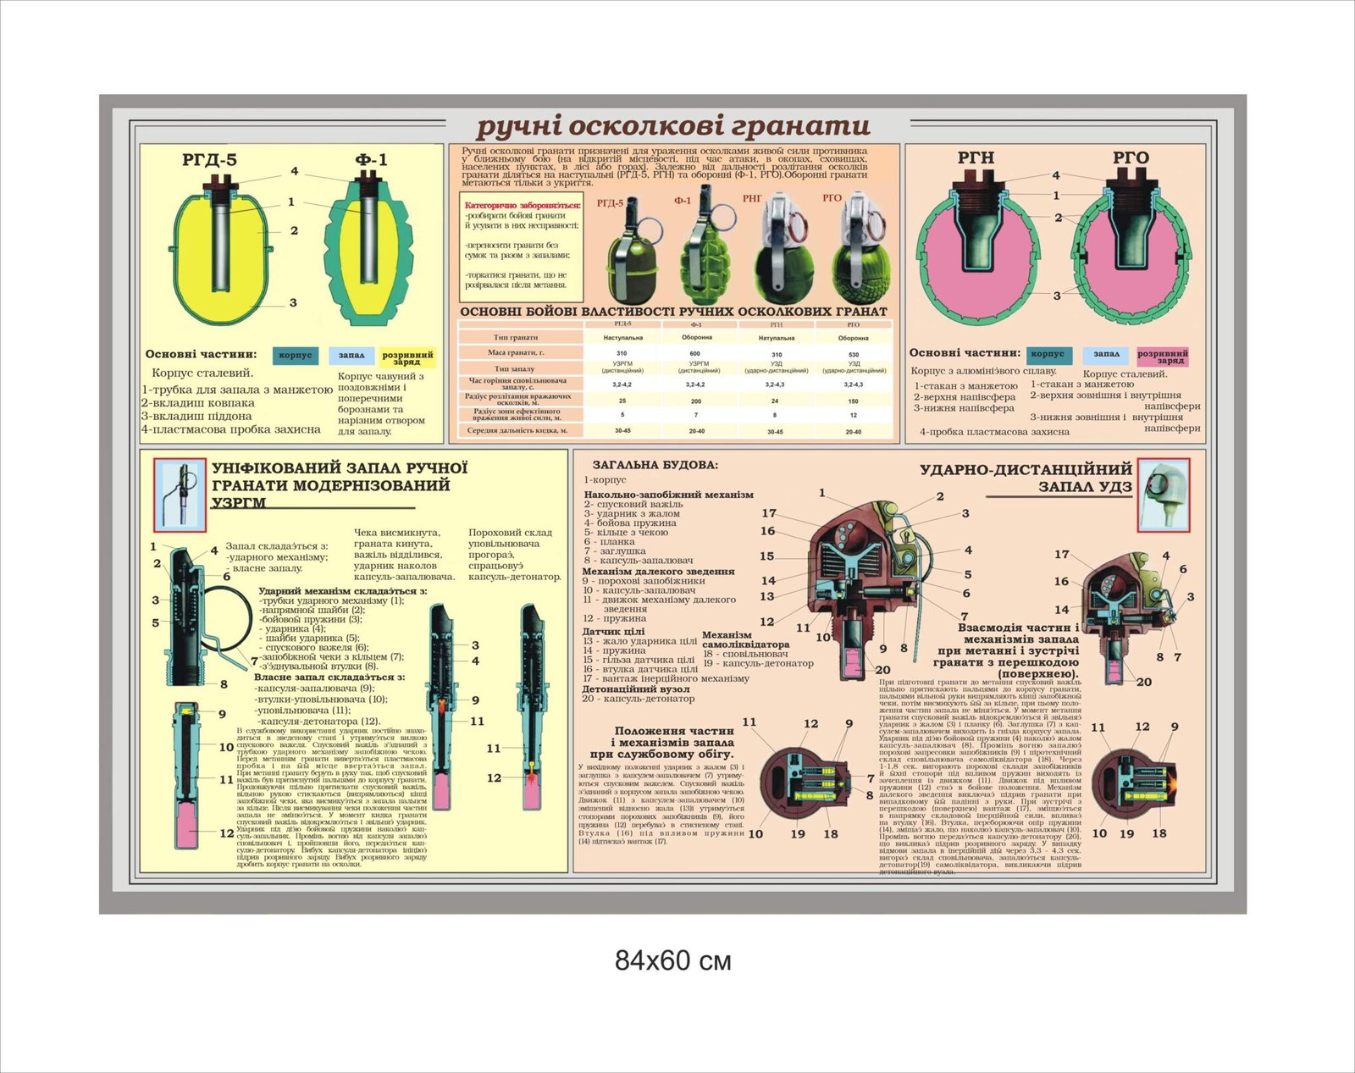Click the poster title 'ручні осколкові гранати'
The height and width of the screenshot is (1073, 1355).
click(673, 126)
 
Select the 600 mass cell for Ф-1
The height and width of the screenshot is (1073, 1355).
click(695, 353)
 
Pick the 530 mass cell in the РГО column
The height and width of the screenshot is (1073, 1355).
click(853, 354)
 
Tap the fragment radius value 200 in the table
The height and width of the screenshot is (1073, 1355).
click(695, 401)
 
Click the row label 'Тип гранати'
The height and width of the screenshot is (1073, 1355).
click(516, 338)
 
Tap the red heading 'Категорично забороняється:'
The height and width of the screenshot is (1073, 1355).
click(523, 205)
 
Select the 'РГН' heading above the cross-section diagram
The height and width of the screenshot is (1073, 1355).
click(976, 158)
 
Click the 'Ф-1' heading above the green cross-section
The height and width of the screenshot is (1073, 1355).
click(371, 159)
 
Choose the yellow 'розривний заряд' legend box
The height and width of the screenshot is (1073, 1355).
click(407, 358)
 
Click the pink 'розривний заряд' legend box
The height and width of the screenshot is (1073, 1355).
click(1162, 357)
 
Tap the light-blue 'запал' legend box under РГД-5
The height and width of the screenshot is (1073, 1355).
click(351, 356)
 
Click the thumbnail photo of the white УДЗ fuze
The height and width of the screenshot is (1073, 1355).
click(1163, 495)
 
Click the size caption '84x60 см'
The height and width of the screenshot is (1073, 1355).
click(672, 960)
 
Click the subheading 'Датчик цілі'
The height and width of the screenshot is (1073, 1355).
click(613, 632)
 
